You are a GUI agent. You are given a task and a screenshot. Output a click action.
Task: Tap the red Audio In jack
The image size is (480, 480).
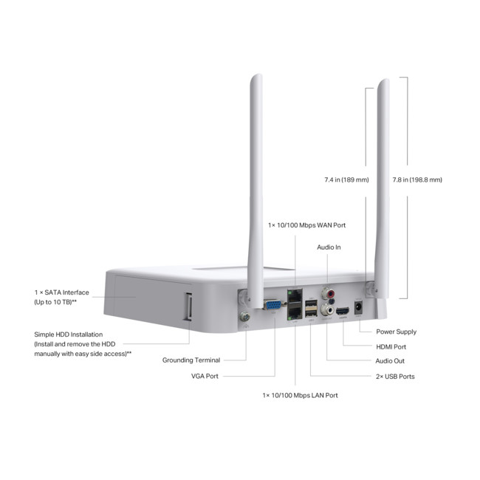tap(326, 292)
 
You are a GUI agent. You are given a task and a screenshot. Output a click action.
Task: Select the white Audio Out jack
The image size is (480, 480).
tap(325, 310)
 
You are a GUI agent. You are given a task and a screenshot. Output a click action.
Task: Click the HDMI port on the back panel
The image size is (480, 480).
tap(343, 312)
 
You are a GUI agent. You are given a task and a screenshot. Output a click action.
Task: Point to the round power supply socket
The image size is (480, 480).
tap(360, 307)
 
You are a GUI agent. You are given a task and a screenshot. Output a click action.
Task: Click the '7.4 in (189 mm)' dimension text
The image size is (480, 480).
tap(346, 179)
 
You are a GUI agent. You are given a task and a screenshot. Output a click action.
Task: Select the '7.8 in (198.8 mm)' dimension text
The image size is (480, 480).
tap(418, 179)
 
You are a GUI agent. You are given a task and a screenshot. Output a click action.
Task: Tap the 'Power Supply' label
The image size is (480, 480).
tap(396, 332)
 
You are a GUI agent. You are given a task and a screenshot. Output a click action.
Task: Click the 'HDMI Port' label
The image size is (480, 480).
tap(391, 346)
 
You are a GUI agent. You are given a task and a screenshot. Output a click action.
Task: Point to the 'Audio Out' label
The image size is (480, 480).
tap(390, 361)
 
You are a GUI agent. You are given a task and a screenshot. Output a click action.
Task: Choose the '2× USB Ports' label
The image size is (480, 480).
tap(395, 377)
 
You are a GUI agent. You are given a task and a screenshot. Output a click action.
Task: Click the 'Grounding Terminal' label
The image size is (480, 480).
tap(191, 360)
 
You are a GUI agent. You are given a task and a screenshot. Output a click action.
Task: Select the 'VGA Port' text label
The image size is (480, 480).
tap(205, 377)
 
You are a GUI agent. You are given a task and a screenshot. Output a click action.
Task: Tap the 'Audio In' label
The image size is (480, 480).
tap(329, 247)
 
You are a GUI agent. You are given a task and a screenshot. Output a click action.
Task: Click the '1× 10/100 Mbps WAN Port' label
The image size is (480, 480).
tap(306, 224)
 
